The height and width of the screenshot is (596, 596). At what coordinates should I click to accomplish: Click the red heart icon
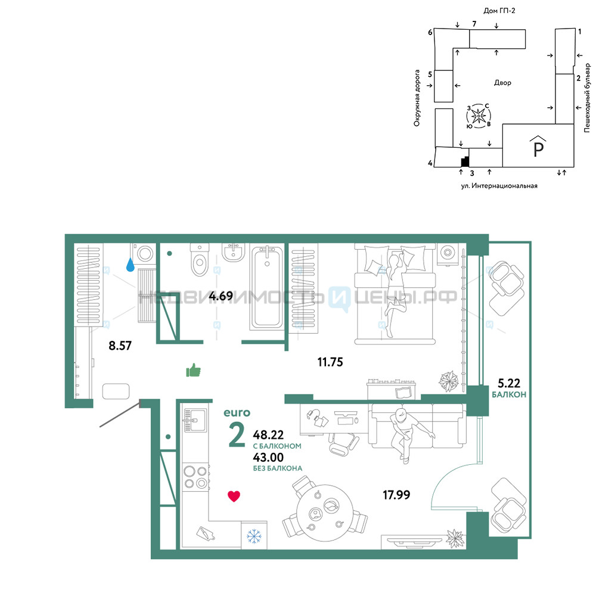pos(234,496)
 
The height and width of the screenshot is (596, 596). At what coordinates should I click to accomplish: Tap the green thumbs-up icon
pos(193,370)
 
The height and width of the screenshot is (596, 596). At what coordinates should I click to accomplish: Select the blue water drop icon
pos(131,265)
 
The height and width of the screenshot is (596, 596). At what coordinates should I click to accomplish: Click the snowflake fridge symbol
pos(254,536)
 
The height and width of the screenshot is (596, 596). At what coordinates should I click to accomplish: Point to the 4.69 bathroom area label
pos(221,296)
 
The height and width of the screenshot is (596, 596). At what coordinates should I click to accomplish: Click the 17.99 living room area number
pos(396,495)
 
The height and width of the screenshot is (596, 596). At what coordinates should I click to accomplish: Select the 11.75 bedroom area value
pos(330,362)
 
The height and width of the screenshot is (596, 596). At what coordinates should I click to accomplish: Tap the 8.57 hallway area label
pos(120,346)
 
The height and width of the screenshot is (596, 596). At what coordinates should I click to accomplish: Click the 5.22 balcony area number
pos(509,383)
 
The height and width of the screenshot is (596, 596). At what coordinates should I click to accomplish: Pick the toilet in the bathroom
pos(200,259)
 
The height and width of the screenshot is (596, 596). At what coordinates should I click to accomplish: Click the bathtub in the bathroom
pos(267,288)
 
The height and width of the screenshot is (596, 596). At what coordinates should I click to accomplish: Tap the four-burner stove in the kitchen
pos(195,477)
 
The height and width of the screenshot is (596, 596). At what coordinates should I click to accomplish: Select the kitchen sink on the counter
pos(195,420)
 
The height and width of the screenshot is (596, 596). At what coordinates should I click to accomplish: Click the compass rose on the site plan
pos(479,116)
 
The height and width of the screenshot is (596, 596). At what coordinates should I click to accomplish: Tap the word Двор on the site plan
pos(502,82)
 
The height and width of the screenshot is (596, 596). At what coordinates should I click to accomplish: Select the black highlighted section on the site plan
pos(465,162)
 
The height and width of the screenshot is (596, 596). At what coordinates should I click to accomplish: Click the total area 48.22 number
pos(268,434)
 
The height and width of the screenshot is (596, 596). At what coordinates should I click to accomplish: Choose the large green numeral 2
pos(237,435)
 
